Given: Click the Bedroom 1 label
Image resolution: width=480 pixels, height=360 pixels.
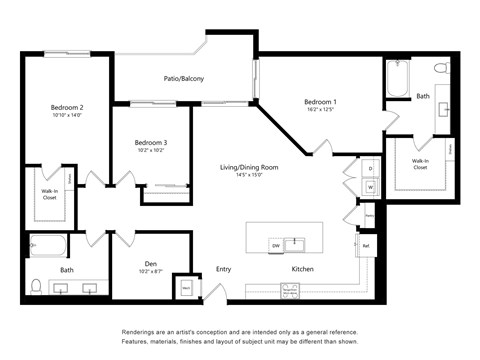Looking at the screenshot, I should click(320, 101).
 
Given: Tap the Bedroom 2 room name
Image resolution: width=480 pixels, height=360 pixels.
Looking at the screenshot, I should click(67, 107).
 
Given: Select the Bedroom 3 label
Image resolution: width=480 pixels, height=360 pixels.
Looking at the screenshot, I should click(151, 142).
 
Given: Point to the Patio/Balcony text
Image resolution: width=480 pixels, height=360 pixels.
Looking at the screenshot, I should click(185, 78).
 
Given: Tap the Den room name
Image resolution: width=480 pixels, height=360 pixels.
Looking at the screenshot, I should click(151, 264).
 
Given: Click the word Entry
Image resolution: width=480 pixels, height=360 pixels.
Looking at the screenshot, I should click(223, 269).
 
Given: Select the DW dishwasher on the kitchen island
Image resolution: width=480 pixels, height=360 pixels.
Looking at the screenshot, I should click(275, 244).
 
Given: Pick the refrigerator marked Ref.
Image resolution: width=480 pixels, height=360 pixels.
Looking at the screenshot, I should click(366, 245).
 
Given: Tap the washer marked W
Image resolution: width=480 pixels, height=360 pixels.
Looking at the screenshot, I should click(369, 186).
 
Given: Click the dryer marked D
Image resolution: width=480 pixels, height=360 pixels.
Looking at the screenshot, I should click(369, 168).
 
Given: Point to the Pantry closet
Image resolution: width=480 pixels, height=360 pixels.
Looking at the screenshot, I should click(369, 214).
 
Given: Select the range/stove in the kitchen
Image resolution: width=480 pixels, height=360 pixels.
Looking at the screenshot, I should click(290, 291).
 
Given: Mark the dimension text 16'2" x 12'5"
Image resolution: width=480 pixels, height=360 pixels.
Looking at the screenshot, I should click(320, 110).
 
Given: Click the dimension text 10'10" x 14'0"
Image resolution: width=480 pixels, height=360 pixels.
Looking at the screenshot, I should click(67, 116).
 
